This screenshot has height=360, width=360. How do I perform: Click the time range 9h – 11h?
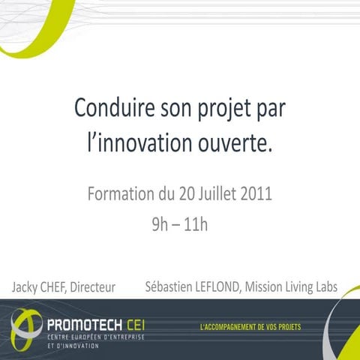point(179,224)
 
